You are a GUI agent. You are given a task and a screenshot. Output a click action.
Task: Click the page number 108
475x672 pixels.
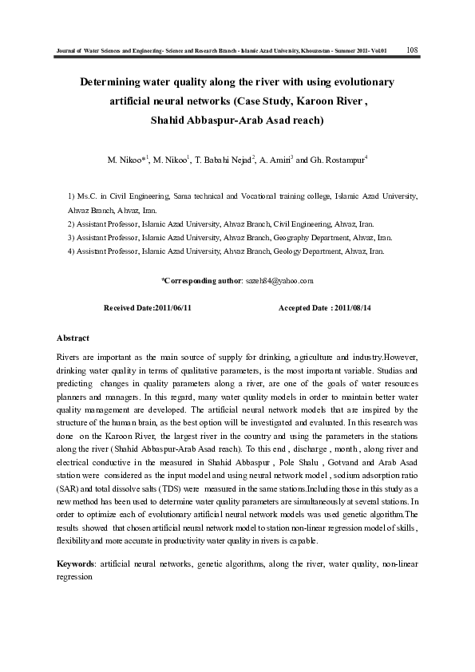(413, 50)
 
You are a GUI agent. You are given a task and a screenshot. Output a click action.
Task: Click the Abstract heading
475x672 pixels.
(73, 338)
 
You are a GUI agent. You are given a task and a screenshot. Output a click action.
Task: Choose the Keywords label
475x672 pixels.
(76, 564)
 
